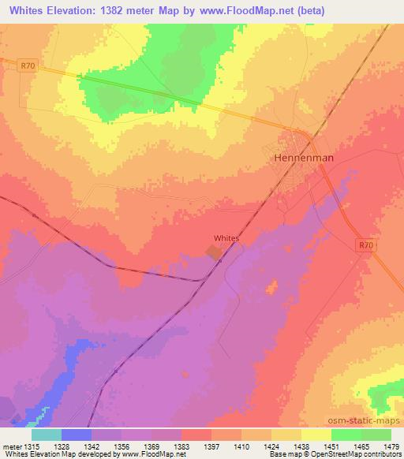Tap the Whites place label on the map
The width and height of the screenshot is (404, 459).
pyautogui.click(x=226, y=237)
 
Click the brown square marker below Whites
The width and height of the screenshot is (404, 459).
pyautogui.click(x=214, y=252)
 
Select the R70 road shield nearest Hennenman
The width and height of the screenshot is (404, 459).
pyautogui.click(x=363, y=245)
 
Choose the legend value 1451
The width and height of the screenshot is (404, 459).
pyautogui.click(x=331, y=446)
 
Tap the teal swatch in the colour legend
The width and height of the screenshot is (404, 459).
pyautogui.click(x=47, y=435)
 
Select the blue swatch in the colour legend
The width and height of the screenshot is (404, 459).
pyautogui.click(x=77, y=435)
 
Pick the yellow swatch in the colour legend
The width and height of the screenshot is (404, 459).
pyautogui.click(x=316, y=435)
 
